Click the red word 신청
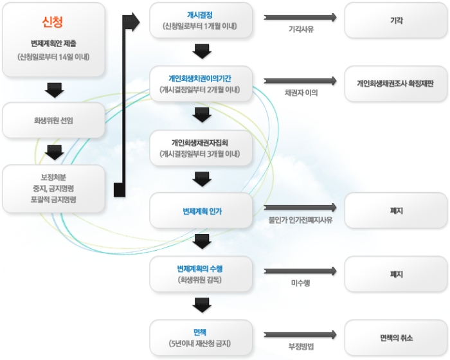pos(53,23)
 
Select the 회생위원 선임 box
pos(53,120)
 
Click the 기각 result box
pos(396,21)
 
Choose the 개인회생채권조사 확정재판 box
pos(396,84)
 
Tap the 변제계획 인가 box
pos(201,211)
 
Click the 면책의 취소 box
pos(396,337)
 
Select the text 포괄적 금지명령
pos(53,200)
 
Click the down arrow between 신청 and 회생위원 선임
pos(54,89)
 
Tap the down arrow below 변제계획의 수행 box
pos(202,304)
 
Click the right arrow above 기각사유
pos(300,17)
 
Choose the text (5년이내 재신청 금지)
pos(201,343)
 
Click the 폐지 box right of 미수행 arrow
pos(396,274)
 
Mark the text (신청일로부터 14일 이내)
pos(53,57)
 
